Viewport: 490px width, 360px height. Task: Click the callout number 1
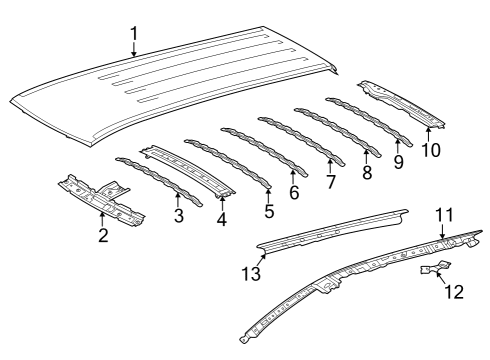(x=134, y=36)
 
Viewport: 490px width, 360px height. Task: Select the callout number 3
(x=179, y=215)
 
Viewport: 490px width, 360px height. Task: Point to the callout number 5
(x=269, y=212)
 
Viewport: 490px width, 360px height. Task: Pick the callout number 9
(x=400, y=160)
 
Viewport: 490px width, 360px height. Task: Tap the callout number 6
(x=294, y=192)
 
